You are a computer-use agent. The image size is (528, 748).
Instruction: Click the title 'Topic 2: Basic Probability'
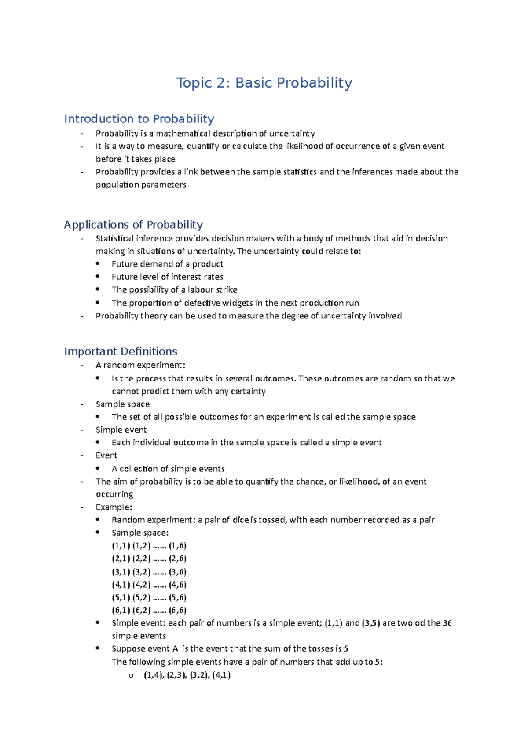point(264,83)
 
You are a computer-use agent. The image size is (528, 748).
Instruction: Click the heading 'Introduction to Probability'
point(139,119)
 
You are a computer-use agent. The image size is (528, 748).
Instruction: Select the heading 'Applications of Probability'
point(133,225)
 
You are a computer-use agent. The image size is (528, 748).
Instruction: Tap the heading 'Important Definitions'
point(121,352)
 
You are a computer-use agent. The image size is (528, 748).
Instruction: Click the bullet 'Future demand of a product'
point(167,264)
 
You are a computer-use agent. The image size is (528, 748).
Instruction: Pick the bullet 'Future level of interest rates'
point(167,277)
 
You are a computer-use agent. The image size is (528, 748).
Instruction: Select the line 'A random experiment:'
point(140,365)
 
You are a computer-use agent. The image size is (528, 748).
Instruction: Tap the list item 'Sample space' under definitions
point(122,404)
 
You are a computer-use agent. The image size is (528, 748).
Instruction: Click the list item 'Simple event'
point(121,430)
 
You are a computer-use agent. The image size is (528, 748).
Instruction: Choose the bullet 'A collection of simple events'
point(168,469)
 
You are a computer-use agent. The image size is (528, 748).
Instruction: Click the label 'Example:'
point(114,507)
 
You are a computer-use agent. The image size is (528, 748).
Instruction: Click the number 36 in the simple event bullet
point(447,623)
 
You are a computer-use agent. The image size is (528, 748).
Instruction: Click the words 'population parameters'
point(141,185)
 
